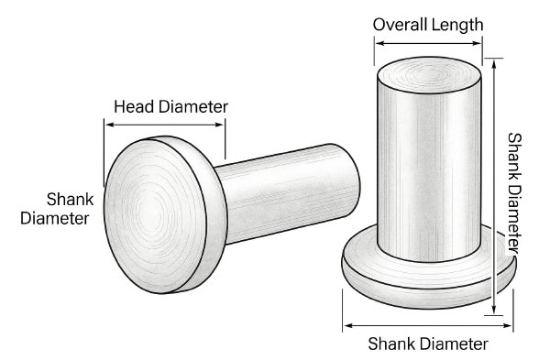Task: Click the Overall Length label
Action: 428,25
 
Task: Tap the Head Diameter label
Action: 170,106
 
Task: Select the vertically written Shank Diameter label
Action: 514,193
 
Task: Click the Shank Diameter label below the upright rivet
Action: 428,344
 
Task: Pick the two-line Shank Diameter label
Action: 57,209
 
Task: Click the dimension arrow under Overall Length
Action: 428,43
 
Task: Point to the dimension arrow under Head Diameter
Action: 164,125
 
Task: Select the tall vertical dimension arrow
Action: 494,187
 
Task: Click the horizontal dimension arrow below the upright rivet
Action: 428,325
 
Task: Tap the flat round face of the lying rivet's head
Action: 155,216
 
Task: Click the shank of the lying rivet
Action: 286,193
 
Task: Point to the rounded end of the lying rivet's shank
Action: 347,180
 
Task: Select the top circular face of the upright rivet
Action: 429,75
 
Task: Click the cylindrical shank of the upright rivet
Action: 429,169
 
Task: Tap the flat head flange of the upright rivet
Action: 429,277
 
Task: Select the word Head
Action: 135,106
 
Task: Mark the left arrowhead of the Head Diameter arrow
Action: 109,125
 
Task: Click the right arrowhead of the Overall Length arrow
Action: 477,43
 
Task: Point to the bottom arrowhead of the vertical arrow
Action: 494,310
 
